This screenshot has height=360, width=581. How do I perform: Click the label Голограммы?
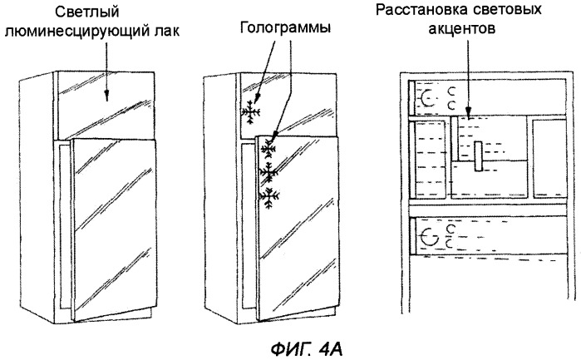click(x=286, y=27)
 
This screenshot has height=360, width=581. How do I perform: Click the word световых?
click(x=523, y=12)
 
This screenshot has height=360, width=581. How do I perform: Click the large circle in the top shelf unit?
click(x=429, y=98)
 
